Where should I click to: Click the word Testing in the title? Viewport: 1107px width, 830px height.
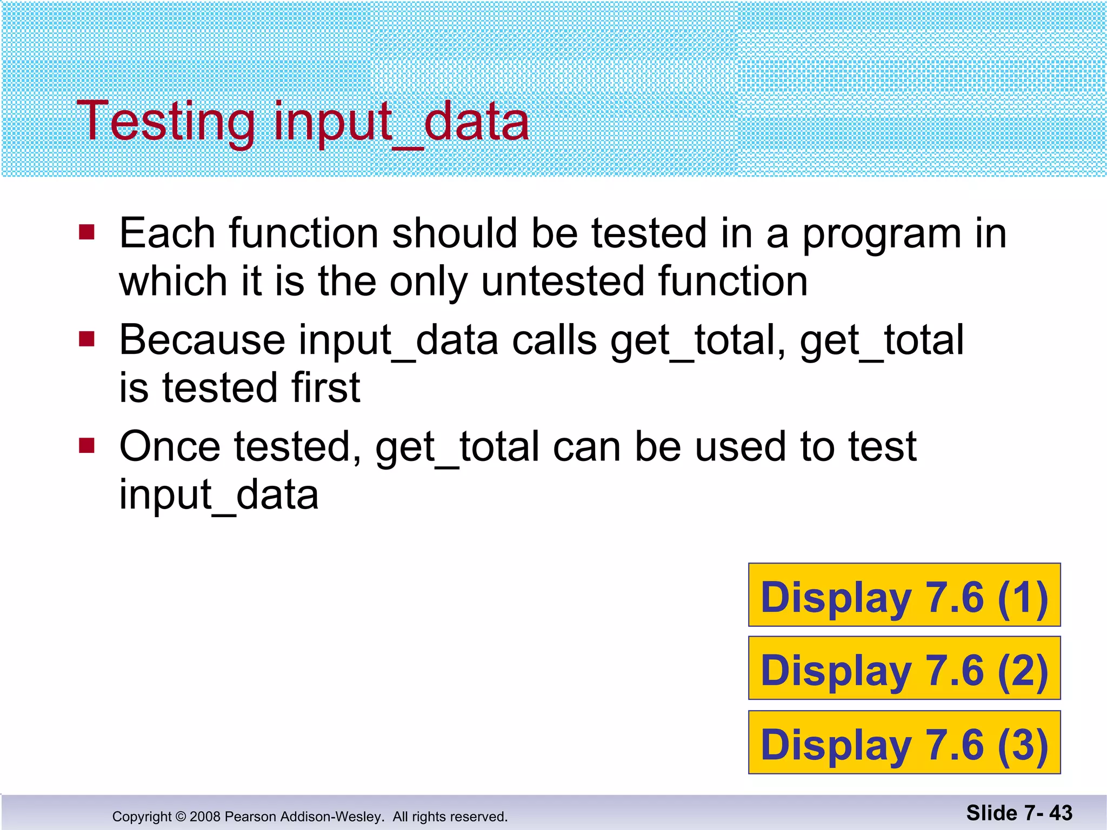point(165,121)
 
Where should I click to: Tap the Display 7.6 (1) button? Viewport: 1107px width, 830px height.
point(904,595)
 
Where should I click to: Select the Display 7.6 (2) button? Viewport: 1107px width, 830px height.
point(904,668)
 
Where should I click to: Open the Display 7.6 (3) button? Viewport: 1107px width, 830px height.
point(904,742)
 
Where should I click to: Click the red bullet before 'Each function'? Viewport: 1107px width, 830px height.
point(86,233)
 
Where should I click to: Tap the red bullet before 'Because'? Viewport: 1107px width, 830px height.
point(86,339)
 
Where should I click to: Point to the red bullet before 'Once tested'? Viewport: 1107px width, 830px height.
point(86,446)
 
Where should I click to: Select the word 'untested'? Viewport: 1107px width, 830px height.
point(563,282)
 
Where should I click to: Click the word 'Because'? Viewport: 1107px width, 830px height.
point(202,340)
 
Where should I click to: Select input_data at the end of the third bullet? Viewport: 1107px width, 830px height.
point(219,495)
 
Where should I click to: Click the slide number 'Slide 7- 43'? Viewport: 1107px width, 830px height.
point(1019,813)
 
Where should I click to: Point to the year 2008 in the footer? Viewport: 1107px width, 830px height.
point(205,816)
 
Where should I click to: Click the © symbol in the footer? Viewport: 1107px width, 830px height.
point(181,816)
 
